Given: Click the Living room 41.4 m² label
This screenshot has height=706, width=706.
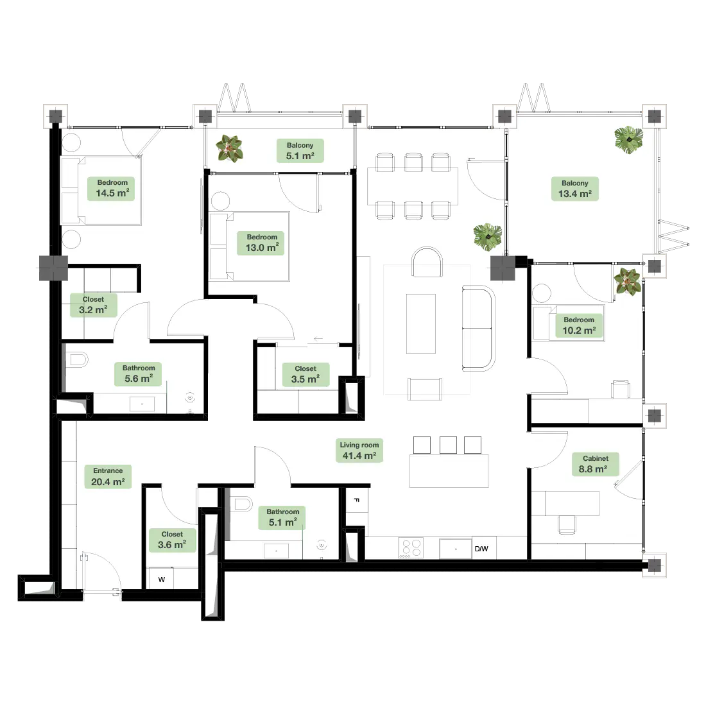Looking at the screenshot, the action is pos(359,451).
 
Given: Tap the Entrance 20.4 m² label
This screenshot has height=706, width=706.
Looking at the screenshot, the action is pos(108,476).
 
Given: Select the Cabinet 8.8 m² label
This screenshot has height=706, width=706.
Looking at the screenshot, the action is pos(595,464).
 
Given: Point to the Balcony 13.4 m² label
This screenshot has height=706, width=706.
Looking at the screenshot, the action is pos(575,189).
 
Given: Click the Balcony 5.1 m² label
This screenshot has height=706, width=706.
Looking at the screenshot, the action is pos(300,151).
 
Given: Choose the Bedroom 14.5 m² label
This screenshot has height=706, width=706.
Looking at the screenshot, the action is pos(111,188).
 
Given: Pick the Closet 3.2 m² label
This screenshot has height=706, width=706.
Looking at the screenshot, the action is pos(94,305).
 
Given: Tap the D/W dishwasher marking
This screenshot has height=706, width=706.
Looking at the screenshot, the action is pos(481,549).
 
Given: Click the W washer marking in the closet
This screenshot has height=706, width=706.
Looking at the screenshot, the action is pos(162,580).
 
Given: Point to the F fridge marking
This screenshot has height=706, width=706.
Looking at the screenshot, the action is pos(357,500).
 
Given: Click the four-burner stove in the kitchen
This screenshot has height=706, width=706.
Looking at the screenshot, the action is pos(411,548).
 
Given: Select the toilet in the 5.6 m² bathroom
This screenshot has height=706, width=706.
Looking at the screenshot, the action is pos(79,360).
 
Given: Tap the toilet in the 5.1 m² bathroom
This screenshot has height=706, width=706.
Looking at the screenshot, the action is pos(242,504).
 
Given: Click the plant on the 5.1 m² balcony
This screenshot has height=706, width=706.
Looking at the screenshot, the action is pos(229,149).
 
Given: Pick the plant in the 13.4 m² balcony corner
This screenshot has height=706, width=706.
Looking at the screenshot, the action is pos(629,139).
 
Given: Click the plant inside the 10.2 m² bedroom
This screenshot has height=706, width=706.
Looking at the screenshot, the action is pos(628,281).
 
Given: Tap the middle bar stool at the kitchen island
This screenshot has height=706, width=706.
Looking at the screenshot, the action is pos(448,445).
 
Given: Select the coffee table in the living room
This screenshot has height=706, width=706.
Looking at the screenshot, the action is pos(421,323).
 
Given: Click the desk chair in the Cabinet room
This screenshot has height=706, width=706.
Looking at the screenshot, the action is pos(567,524).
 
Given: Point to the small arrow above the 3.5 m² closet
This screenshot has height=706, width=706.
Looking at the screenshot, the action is pos(318,339).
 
